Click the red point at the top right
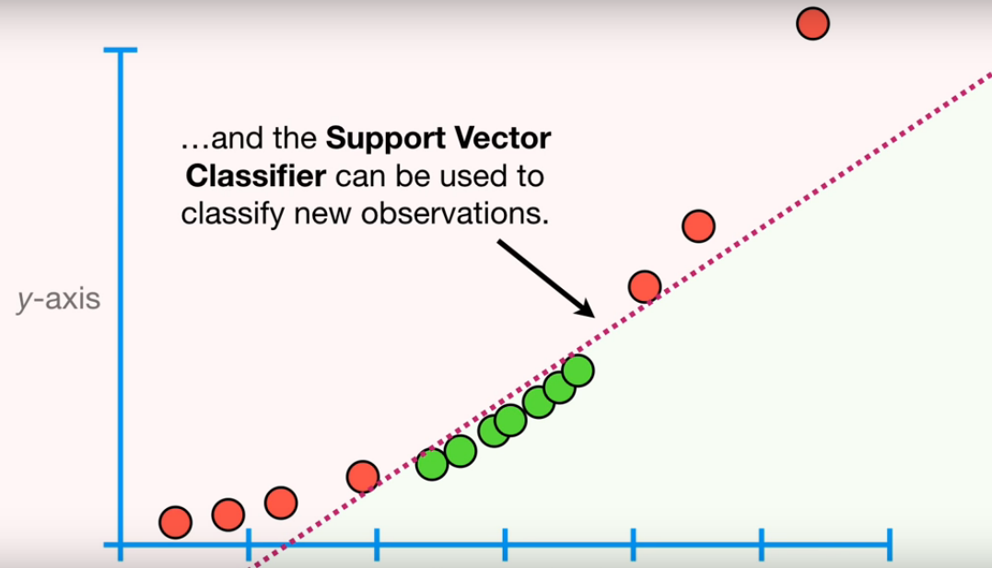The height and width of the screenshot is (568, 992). [813, 23]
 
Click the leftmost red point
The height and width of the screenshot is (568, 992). [175, 523]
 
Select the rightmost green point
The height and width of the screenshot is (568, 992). [578, 371]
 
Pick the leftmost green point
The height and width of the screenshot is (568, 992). [432, 464]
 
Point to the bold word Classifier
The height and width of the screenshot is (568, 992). [255, 176]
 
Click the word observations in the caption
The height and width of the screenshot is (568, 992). [455, 214]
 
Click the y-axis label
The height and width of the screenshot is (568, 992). [58, 299]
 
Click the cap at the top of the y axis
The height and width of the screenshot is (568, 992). [121, 50]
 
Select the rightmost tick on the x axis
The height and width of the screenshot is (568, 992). [890, 545]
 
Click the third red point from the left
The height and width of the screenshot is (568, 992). [281, 503]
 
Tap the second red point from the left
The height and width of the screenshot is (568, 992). [228, 515]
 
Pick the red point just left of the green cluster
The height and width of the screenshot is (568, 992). [363, 476]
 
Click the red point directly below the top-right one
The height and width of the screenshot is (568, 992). [698, 226]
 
